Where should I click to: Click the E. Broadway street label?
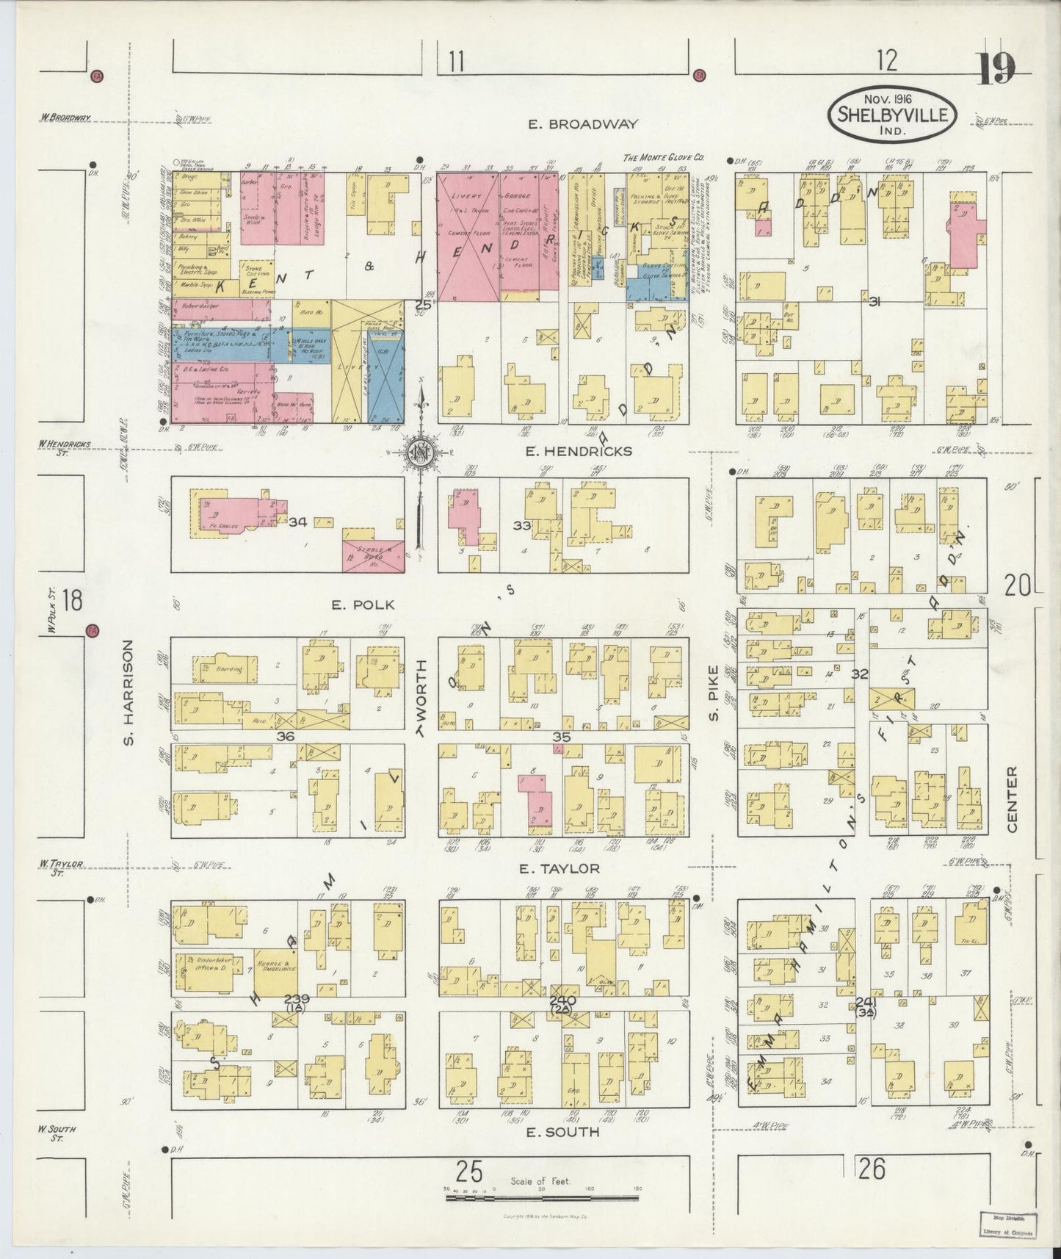point(583,125)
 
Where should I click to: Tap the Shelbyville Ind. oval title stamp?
point(894,114)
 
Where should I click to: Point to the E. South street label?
point(563,1132)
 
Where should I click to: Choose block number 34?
point(297,522)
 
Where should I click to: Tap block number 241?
point(866,1002)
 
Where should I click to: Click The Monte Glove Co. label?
point(663,157)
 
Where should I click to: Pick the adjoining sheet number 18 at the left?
point(72,601)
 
